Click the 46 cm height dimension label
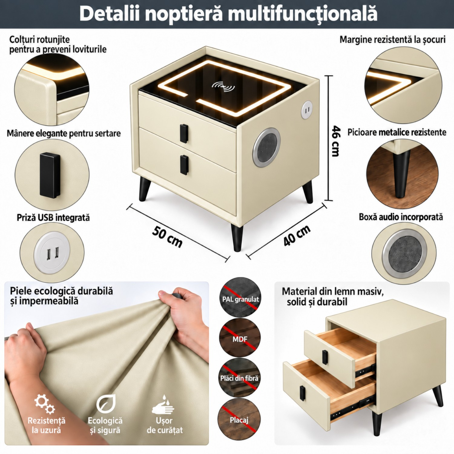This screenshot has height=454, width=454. click(x=336, y=141)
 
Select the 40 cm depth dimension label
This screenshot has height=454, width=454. click(x=297, y=235)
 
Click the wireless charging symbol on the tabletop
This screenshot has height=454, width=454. click(x=223, y=87)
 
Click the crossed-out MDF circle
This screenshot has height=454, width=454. click(x=239, y=338)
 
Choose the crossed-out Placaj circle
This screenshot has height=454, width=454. click(x=239, y=419)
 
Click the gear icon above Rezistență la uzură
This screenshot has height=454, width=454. click(x=44, y=404)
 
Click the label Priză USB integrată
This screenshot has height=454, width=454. click(x=53, y=218)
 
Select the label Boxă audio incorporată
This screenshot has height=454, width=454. click(x=401, y=217)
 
